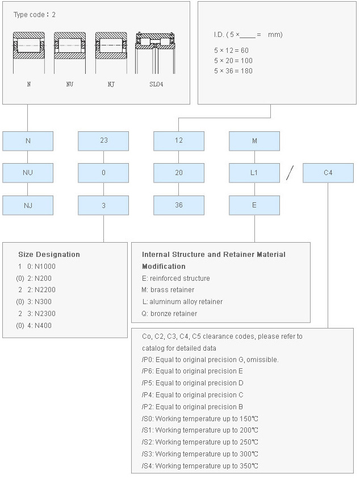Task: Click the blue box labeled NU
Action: (28, 173)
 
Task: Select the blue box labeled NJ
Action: (28, 205)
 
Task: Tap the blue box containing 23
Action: (103, 141)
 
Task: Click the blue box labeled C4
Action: (328, 173)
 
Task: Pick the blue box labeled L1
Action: (254, 173)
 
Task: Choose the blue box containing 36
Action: (179, 205)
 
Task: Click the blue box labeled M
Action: (254, 141)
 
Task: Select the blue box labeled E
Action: (254, 205)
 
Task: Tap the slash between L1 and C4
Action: (290, 173)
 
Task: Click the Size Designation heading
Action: (49, 255)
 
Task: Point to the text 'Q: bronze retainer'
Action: (169, 314)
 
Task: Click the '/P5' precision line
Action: (192, 383)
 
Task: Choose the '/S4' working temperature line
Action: (200, 466)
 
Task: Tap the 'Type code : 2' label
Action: (35, 15)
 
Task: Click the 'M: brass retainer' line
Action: (168, 290)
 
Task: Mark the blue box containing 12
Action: (179, 141)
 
